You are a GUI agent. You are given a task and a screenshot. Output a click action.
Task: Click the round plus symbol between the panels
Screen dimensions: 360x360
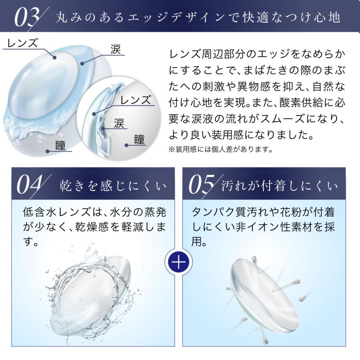point(179,262)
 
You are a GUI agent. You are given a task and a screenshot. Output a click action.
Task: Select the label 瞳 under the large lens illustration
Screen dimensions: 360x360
point(62,145)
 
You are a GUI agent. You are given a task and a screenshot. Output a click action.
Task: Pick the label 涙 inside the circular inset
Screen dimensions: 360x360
point(118,123)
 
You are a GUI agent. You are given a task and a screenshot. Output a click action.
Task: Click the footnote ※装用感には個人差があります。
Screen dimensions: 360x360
point(220,150)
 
